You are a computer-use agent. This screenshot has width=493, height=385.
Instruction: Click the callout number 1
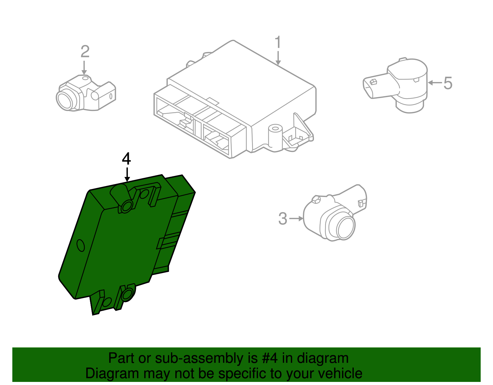(278, 43)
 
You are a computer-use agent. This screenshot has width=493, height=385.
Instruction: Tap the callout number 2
(85, 51)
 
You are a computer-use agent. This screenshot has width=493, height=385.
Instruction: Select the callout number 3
(283, 219)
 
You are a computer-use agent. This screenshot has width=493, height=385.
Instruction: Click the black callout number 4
(126, 159)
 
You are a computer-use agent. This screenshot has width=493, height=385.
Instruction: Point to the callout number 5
(448, 83)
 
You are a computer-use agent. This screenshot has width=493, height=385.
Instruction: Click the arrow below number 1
(278, 59)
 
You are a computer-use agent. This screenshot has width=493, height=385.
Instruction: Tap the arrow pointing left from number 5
(435, 83)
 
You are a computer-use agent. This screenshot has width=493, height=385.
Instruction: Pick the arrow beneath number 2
(84, 68)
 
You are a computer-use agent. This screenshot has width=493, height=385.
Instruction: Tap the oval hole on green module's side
(80, 245)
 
